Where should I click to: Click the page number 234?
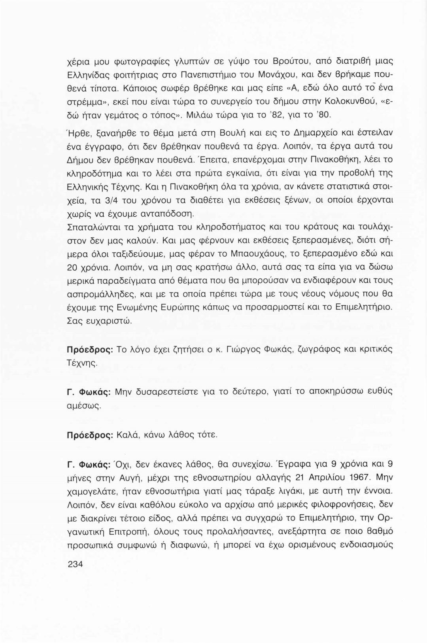pos(76,564)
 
